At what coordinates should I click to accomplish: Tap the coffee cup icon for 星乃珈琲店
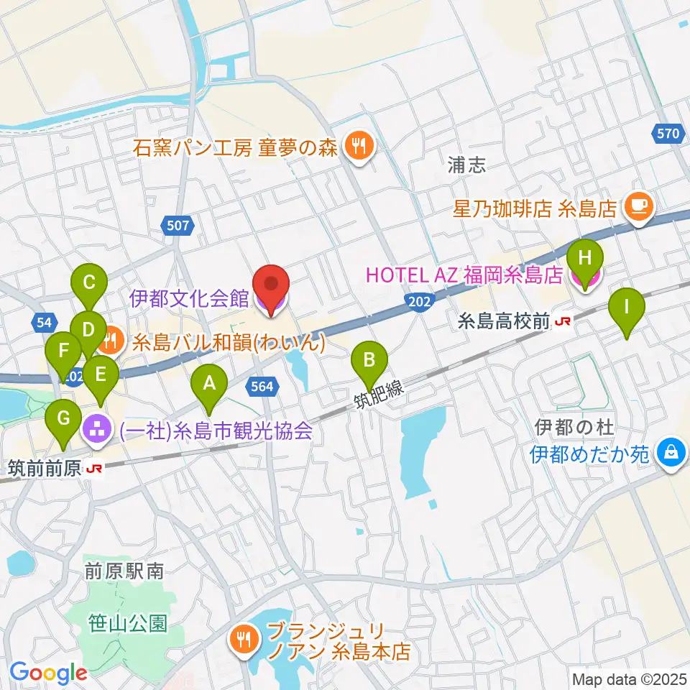(638, 208)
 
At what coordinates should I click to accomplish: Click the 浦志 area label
(465, 165)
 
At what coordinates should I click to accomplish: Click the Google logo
(49, 673)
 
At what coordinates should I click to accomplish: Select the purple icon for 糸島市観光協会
(96, 431)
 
